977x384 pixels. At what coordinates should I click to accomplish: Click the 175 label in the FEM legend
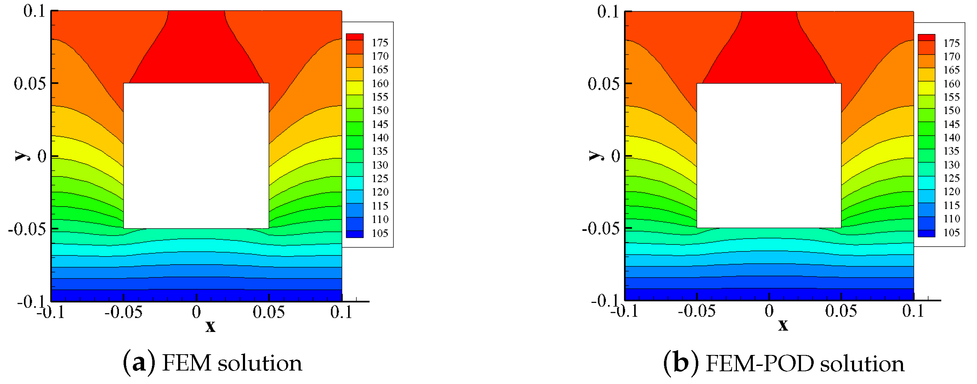(380, 43)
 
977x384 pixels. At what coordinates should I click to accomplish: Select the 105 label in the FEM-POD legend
(951, 232)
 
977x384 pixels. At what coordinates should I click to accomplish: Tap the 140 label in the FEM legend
(380, 137)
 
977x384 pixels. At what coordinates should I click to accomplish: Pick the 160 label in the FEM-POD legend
(951, 84)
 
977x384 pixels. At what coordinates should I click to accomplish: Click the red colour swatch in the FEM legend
(354, 37)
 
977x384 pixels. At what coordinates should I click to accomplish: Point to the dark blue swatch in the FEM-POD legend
(926, 233)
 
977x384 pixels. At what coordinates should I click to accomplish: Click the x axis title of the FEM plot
(210, 326)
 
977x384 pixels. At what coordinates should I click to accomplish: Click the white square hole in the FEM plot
(196, 156)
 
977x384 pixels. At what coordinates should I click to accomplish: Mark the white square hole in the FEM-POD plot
(769, 156)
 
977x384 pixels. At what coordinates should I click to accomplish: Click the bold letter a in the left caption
(139, 363)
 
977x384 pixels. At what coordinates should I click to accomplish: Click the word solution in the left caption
(260, 363)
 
